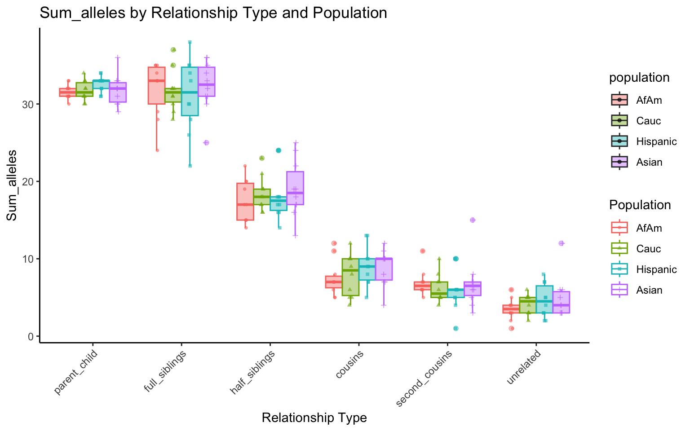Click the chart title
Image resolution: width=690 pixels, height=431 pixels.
213,13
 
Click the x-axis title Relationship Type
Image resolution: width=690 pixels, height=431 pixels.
314,418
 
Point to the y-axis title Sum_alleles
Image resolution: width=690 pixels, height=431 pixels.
12,185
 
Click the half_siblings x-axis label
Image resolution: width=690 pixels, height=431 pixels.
252,374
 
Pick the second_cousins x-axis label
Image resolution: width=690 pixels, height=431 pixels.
425,379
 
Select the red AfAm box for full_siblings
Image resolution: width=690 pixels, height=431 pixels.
157,85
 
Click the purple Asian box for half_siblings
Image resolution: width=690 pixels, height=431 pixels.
295,188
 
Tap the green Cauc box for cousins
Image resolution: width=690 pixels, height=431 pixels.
350,277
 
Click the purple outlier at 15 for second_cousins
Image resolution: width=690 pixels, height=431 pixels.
473,220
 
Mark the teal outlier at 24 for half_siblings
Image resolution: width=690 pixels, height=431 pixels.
279,150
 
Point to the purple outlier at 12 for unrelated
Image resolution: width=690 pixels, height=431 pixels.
561,243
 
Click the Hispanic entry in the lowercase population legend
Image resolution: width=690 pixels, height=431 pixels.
656,141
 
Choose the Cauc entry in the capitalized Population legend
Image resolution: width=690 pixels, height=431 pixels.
649,249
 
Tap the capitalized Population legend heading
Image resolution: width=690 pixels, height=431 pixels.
640,205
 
